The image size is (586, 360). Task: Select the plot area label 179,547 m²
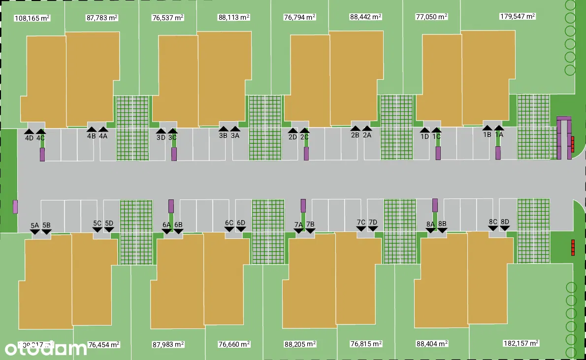pos(517,16)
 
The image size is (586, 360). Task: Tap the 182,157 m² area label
pos(521,343)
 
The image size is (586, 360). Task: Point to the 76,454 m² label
pos(103,344)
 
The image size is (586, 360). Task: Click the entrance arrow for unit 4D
pos(29,131)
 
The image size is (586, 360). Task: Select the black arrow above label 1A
pos(499,128)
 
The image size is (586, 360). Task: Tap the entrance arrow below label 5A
pos(34,231)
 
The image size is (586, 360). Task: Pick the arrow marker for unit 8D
pos(505,228)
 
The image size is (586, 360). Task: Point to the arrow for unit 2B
pos(355,129)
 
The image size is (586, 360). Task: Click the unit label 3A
pos(235,136)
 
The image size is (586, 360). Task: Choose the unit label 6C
pos(229,223)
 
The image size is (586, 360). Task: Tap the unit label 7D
pos(373,222)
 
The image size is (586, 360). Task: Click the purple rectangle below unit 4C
pos(42,155)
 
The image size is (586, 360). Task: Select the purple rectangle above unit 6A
pos(171,206)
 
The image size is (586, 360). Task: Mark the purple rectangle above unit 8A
pos(435,205)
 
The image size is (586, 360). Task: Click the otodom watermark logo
pos(46,349)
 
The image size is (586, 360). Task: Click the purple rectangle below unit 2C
pos(306,153)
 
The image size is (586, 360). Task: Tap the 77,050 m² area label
pos(431,17)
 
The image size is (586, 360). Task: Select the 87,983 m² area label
pos(168,344)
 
